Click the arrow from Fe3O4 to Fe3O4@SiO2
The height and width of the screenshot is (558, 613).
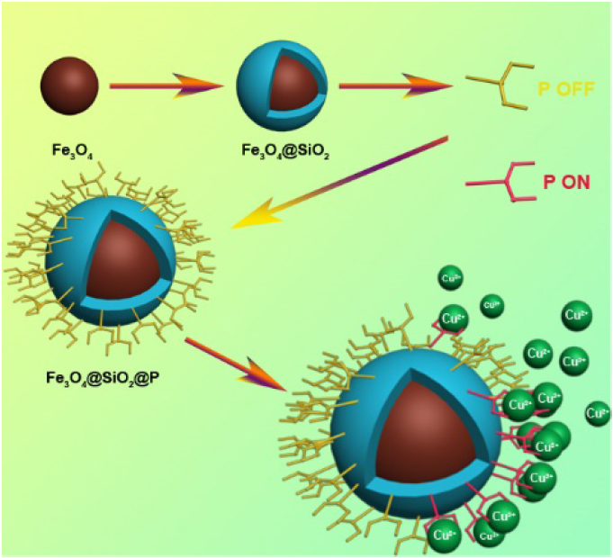pos(166,86)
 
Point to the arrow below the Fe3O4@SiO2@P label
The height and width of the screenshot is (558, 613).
pos(239,364)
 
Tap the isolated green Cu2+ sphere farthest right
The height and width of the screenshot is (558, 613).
pos(597,413)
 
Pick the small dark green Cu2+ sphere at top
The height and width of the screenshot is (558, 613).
pos(491,305)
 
